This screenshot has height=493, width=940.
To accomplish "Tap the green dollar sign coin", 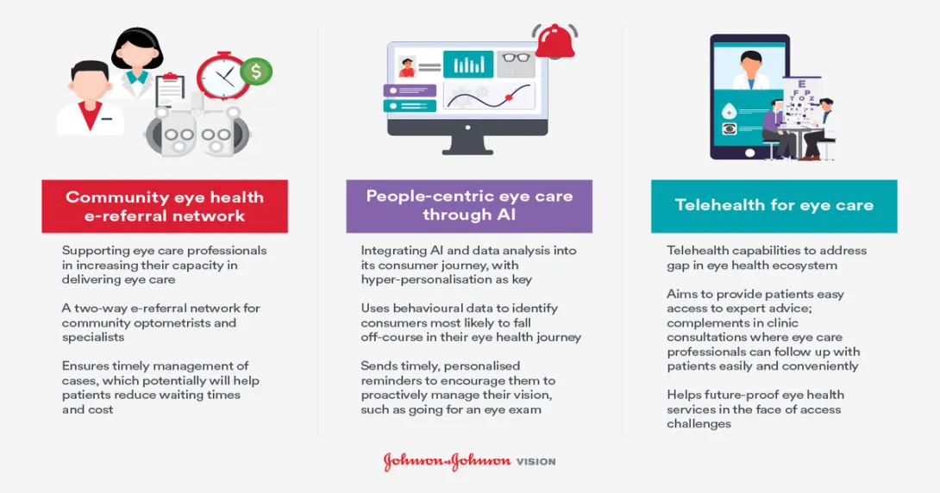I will tap(256, 72).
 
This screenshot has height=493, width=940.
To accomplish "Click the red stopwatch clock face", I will tap(222, 78).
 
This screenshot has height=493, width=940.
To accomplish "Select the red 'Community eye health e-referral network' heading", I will tap(165, 206).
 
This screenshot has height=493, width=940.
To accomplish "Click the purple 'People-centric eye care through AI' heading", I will tap(469, 205).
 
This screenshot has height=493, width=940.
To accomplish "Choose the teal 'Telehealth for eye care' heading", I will tap(774, 205).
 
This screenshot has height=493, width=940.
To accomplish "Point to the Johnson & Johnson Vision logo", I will tap(469, 461).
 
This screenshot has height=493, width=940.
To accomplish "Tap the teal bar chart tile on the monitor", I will tap(468, 65).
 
